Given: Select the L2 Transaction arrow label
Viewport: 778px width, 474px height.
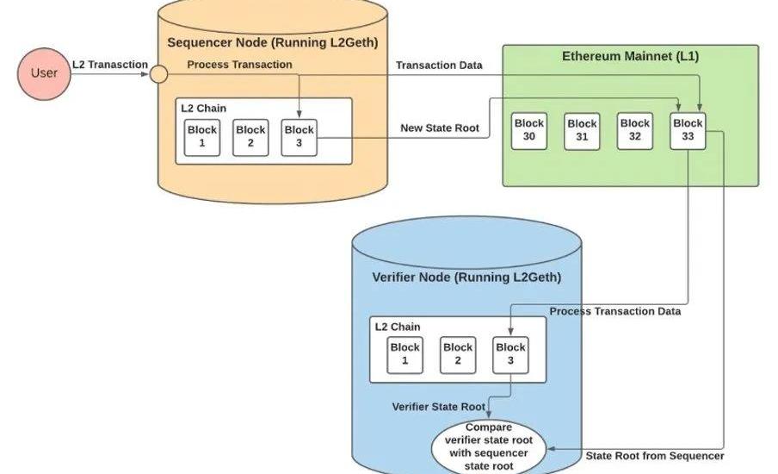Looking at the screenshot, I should point(110,65).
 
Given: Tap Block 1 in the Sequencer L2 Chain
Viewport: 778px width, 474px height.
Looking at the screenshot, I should point(202,137).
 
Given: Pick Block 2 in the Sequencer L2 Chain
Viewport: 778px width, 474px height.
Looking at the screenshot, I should point(250,137).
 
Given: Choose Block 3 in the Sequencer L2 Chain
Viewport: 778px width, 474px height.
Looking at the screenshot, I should point(299,137).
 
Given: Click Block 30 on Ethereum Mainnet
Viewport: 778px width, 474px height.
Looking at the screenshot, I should point(529,130).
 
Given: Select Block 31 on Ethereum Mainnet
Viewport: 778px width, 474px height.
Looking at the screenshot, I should point(582,130).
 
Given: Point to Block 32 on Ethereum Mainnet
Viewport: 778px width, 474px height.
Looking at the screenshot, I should point(635,130).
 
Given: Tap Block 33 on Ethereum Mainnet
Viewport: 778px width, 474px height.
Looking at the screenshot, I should point(688,130).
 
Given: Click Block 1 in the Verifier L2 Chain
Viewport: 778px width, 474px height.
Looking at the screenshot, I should point(405,354).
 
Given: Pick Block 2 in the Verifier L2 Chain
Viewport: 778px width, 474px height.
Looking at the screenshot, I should point(458,354).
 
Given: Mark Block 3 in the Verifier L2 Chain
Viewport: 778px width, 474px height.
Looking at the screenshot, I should point(510,354).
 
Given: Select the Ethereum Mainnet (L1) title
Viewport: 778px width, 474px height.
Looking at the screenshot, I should point(631,58).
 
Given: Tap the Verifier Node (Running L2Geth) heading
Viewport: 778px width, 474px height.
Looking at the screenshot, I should point(466,278).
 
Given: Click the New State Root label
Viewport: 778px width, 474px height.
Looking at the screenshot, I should point(440,128).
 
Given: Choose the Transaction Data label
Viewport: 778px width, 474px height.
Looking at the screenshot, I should point(439,65).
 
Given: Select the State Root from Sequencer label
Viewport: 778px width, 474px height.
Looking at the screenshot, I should point(654,456).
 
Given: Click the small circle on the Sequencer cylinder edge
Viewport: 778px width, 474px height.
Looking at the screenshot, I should point(158,75).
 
